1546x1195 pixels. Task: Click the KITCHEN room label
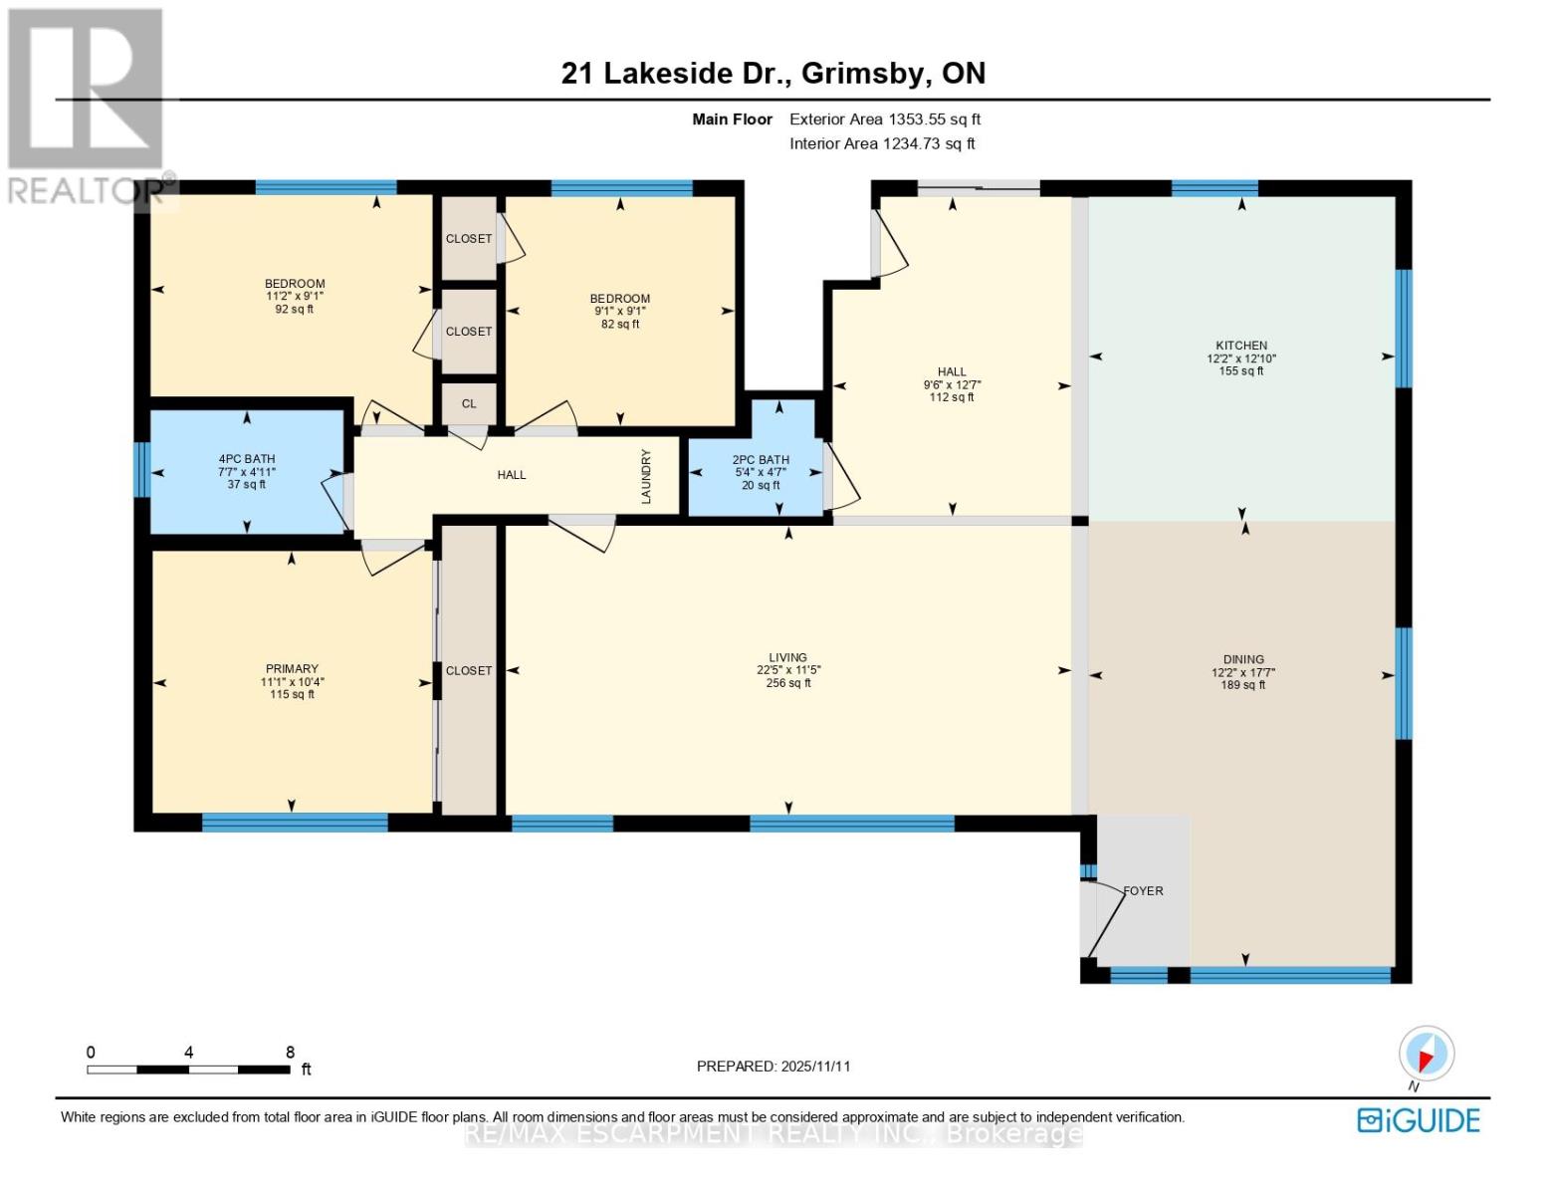(x=1240, y=346)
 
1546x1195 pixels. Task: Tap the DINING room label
(x=1243, y=659)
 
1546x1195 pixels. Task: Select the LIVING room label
(x=787, y=657)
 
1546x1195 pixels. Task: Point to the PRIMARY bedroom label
(x=292, y=669)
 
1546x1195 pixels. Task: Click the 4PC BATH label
(x=247, y=459)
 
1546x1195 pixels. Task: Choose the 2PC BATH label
(x=761, y=460)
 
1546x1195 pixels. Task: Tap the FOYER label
(x=1143, y=891)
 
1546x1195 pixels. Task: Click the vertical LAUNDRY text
(x=646, y=476)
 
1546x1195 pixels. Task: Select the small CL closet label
(x=469, y=403)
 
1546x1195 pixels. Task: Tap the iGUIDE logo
(x=1419, y=1120)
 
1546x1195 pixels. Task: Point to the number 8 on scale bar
(x=290, y=1053)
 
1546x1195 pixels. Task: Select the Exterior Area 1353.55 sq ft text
(x=884, y=119)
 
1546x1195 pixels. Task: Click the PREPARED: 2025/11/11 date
(x=773, y=1066)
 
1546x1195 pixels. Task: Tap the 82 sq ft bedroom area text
(x=620, y=324)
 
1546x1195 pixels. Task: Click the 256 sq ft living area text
(x=787, y=683)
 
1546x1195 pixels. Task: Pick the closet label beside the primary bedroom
(x=469, y=670)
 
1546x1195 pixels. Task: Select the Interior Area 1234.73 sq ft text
(x=882, y=143)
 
